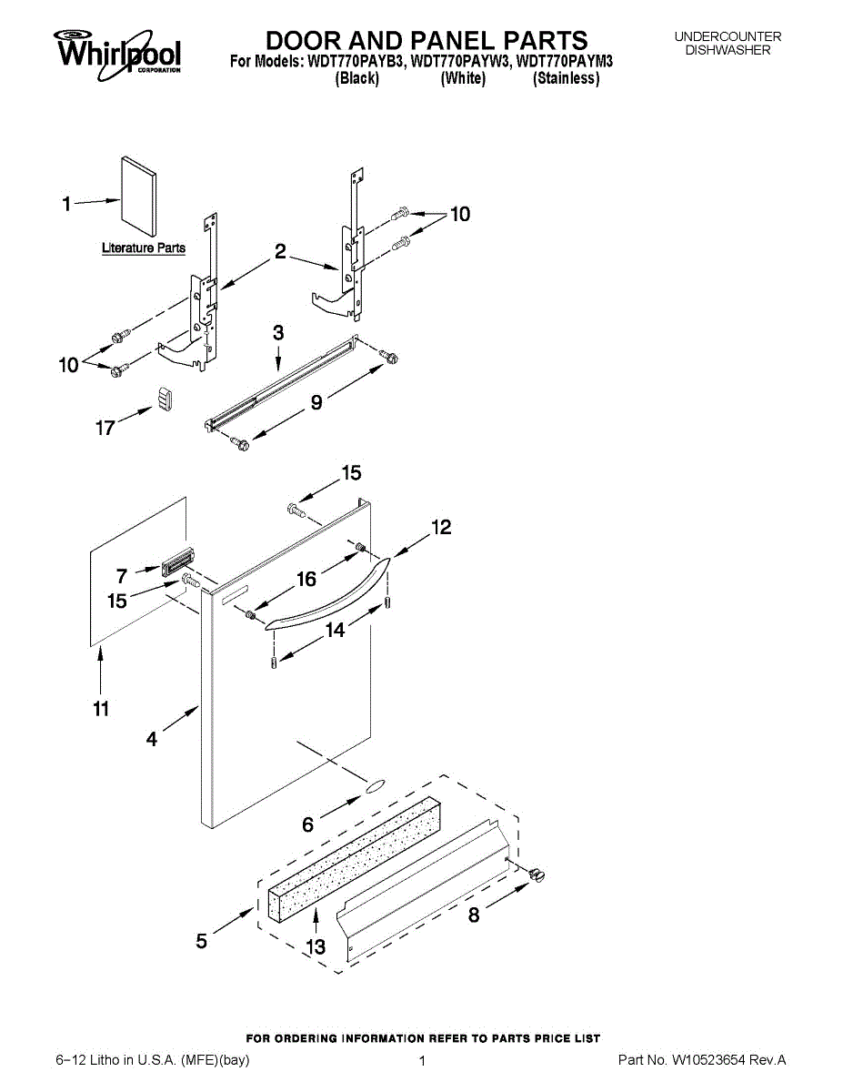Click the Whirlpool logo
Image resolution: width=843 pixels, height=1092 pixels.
117,52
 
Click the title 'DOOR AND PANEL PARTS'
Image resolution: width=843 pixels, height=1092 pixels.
426,40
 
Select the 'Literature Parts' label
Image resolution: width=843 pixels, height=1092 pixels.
143,248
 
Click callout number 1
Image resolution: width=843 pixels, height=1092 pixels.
66,205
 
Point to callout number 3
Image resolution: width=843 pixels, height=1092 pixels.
278,333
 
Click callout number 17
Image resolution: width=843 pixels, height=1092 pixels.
105,426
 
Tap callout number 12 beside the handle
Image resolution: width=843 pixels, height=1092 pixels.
441,527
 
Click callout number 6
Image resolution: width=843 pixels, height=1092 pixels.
308,824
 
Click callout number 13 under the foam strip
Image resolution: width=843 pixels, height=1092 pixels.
316,946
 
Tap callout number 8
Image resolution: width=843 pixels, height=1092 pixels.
474,916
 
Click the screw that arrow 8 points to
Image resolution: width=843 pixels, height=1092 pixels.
537,875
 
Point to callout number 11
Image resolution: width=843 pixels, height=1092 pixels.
100,708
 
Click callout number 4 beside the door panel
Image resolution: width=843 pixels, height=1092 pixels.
152,740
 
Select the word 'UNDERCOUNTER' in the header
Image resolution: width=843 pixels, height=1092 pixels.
728,36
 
